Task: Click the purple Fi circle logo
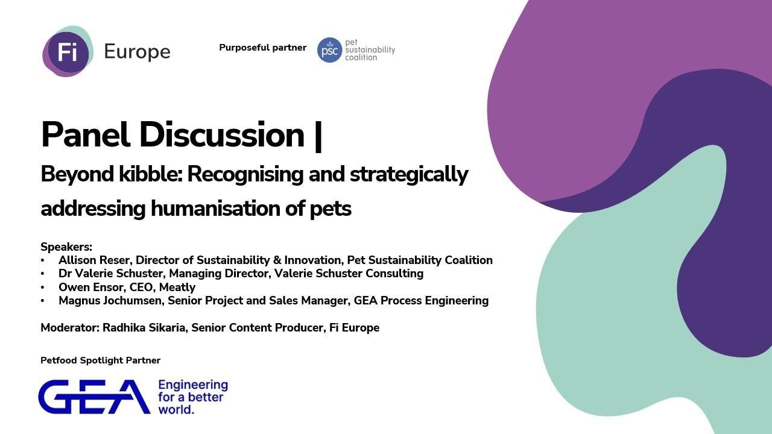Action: [x=68, y=52]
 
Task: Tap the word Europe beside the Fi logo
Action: [x=137, y=52]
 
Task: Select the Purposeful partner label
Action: [x=262, y=48]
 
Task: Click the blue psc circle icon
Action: [x=329, y=50]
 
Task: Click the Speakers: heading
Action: [x=66, y=247]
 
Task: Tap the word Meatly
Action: [x=177, y=288]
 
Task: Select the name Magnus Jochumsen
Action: [x=110, y=301]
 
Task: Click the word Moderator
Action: [x=69, y=328]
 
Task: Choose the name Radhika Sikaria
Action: [x=145, y=328]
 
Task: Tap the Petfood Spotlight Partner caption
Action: [x=100, y=360]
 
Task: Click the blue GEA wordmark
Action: [x=94, y=397]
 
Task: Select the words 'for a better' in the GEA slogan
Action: [x=191, y=397]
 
